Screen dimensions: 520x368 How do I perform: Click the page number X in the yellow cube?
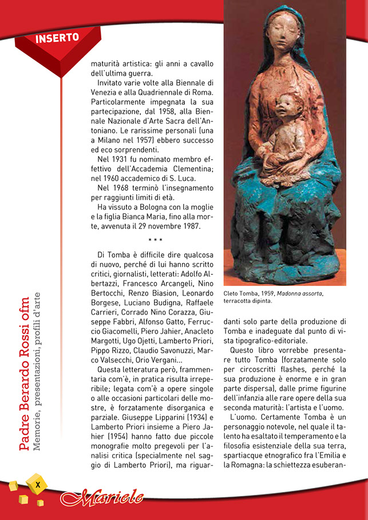click(x=37, y=484)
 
